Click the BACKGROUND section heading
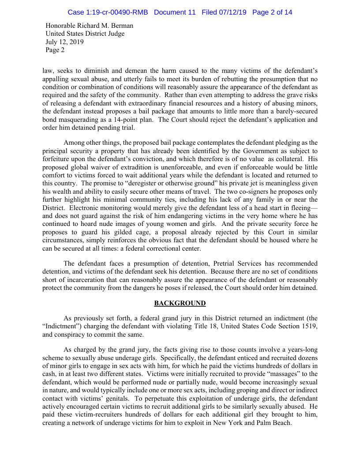[x=180, y=303]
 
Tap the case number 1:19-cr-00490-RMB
[x=108, y=12]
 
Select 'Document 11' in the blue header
[x=175, y=12]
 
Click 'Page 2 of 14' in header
[x=272, y=12]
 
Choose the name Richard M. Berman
[x=105, y=26]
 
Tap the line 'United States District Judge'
[x=85, y=34]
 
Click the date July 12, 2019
[x=65, y=42]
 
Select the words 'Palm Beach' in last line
[x=274, y=423]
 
